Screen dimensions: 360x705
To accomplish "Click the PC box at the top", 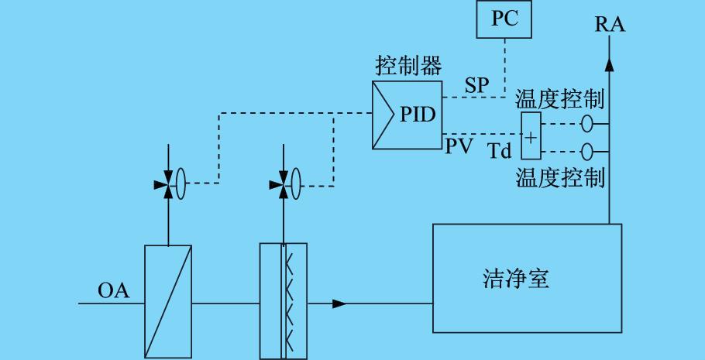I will (504, 19).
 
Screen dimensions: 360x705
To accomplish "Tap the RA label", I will (610, 25).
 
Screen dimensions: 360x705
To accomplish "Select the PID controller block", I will (408, 115).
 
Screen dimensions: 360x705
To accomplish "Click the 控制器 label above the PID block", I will (408, 66).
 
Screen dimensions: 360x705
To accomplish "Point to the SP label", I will (477, 85).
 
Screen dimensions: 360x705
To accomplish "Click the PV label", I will (459, 146).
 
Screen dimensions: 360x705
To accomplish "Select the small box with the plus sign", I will (531, 137).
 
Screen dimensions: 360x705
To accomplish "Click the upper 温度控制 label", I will (560, 100).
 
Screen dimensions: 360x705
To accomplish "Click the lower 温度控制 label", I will (560, 177).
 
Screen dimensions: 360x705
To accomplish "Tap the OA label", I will (113, 292).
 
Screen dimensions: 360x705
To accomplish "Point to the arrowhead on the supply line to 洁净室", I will (339, 303).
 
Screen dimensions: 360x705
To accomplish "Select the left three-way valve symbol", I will (167, 185).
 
